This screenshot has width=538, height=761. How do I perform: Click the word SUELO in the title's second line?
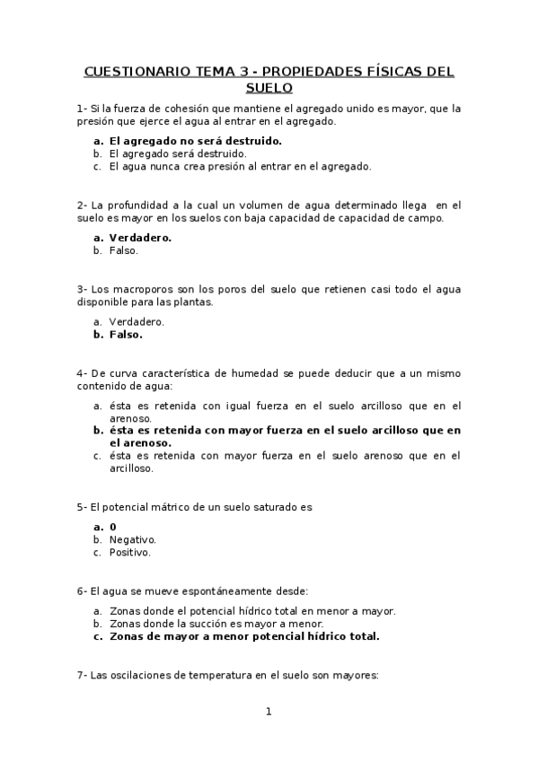click(269, 88)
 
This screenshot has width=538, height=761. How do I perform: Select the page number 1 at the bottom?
click(268, 713)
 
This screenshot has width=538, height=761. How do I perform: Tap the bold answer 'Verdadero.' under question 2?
click(140, 238)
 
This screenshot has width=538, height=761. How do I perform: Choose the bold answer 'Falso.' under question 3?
click(126, 335)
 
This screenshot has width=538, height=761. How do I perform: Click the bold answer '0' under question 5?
click(112, 527)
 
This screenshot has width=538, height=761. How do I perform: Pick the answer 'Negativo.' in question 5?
click(132, 539)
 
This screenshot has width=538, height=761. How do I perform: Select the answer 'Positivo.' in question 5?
click(129, 553)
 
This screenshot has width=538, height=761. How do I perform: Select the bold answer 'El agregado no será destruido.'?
click(195, 141)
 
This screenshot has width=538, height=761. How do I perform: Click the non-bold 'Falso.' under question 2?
click(123, 250)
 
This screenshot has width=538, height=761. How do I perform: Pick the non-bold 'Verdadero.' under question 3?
click(137, 321)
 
